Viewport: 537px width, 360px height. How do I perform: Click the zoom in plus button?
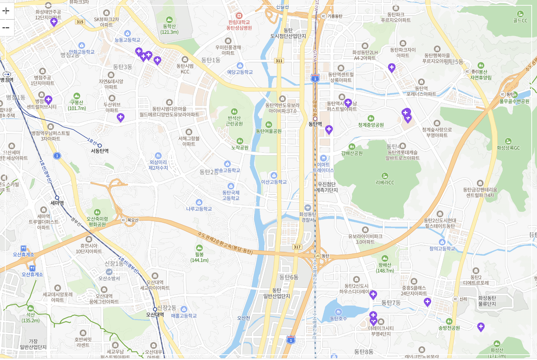(x=6, y=11)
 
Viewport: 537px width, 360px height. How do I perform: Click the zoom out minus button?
(x=6, y=28)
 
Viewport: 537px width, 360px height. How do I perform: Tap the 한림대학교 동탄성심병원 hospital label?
(x=239, y=25)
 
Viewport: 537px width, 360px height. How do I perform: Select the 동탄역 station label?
(x=315, y=123)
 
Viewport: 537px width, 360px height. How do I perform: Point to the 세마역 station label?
(x=57, y=203)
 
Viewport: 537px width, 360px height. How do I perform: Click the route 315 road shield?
(x=80, y=22)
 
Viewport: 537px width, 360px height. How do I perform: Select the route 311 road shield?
(x=279, y=61)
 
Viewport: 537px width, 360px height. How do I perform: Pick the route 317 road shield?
(x=297, y=247)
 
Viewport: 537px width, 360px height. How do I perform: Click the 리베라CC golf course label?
(x=385, y=182)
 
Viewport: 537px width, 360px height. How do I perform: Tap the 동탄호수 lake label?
(x=339, y=318)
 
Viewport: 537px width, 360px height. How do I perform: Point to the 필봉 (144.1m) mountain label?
(x=200, y=257)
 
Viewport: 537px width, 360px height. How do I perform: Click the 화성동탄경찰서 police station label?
(x=307, y=217)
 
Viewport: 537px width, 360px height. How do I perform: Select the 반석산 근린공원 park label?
(x=234, y=121)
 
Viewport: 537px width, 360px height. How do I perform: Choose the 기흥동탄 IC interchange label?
(x=334, y=16)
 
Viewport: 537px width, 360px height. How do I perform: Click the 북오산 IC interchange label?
(x=133, y=220)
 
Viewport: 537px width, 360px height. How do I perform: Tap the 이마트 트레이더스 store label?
(x=323, y=167)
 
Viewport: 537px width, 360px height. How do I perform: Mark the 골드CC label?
(x=520, y=21)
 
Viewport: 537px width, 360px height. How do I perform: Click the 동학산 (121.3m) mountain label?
(x=169, y=29)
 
